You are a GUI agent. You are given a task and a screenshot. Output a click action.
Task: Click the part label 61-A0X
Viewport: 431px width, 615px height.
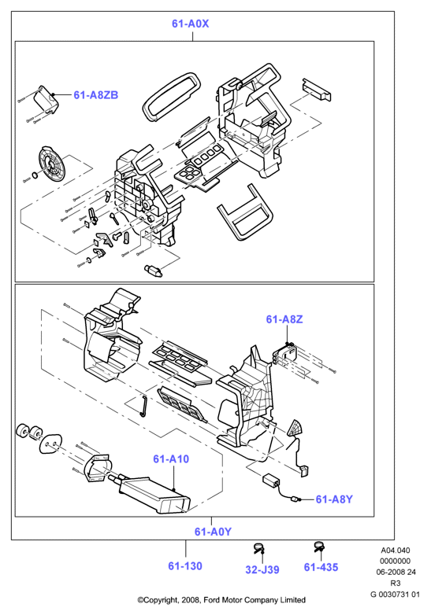tap(191, 24)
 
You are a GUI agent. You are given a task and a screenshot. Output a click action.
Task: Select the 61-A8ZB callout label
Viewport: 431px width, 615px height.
tap(96, 95)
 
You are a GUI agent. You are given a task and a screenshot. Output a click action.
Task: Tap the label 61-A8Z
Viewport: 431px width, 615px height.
tap(284, 319)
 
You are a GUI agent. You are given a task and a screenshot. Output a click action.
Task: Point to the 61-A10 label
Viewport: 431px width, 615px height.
tap(171, 459)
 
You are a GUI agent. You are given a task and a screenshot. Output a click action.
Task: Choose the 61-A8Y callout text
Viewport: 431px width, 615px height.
tap(334, 499)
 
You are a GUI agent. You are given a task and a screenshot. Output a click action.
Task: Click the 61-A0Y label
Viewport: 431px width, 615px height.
tap(213, 532)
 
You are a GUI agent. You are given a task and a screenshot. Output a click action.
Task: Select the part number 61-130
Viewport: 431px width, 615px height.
tap(185, 566)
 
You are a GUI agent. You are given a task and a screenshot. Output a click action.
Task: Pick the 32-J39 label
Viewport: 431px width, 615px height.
tap(262, 569)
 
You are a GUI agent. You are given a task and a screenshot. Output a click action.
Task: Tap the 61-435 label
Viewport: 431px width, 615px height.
tap(321, 567)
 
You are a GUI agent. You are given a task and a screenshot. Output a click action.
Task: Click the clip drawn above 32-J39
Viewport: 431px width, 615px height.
tap(259, 548)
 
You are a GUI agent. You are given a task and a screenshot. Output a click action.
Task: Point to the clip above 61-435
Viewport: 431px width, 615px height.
tap(319, 547)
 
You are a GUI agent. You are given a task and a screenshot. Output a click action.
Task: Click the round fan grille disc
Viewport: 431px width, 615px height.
tap(50, 164)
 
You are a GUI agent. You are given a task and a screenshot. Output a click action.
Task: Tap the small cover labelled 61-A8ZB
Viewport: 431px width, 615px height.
tap(46, 100)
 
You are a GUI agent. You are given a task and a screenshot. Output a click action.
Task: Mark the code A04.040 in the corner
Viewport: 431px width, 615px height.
tap(395, 551)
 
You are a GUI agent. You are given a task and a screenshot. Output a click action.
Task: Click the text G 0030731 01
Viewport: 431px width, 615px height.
tap(395, 595)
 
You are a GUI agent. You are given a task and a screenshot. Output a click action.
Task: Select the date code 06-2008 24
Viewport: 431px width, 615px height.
tap(396, 573)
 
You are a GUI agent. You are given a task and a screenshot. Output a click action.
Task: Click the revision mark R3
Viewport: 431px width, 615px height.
tap(396, 584)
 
